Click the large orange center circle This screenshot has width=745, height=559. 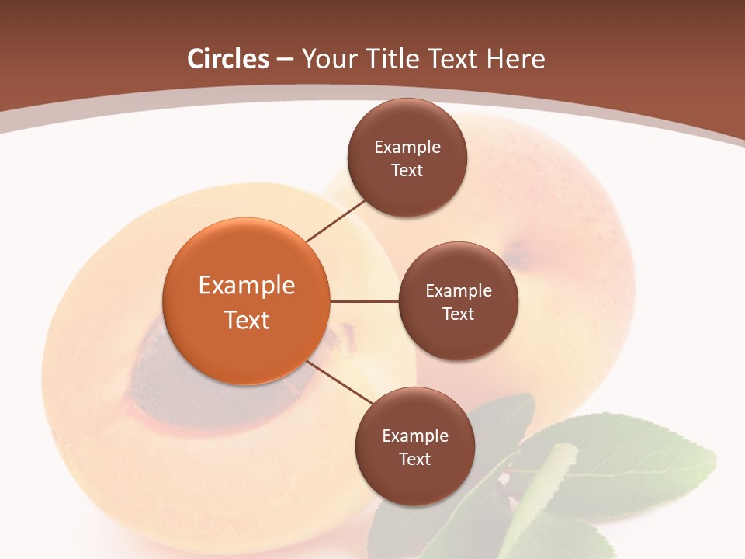click(246, 301)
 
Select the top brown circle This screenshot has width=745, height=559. click(407, 158)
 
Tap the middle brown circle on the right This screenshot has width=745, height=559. click(458, 301)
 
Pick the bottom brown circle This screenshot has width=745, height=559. click(414, 446)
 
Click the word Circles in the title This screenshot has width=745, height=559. click(228, 59)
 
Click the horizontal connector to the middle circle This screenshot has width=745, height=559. click(364, 301)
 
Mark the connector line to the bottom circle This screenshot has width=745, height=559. click(340, 383)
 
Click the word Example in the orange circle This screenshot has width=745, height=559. click(247, 285)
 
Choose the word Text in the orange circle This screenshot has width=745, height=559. click(247, 320)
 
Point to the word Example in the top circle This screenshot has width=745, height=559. click(407, 147)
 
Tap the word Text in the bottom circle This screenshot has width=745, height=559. click(414, 459)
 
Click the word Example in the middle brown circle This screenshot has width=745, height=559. click(459, 290)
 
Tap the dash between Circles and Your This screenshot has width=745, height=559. click(285, 60)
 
